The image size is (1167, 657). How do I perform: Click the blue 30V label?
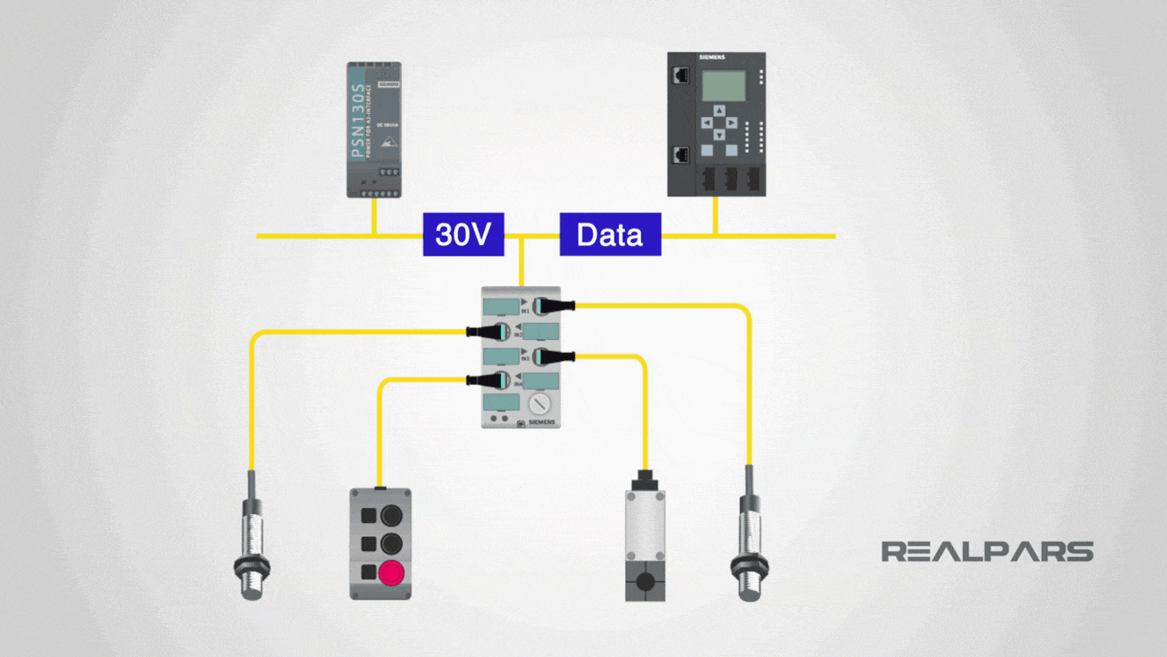tap(463, 235)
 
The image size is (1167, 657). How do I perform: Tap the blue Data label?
tap(610, 235)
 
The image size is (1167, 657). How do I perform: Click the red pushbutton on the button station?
tap(390, 573)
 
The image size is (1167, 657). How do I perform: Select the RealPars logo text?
tap(987, 551)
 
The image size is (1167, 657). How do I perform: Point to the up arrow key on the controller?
tap(719, 111)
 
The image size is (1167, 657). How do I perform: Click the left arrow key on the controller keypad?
tap(707, 124)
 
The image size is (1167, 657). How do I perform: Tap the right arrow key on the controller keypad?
tap(731, 124)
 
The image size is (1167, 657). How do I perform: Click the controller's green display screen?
tap(724, 85)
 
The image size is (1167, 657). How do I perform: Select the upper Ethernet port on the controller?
tap(681, 75)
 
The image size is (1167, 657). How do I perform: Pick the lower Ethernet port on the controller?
tap(681, 156)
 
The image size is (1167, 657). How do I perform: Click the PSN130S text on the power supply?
tap(358, 122)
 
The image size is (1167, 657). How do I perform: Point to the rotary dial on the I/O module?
tap(538, 403)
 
